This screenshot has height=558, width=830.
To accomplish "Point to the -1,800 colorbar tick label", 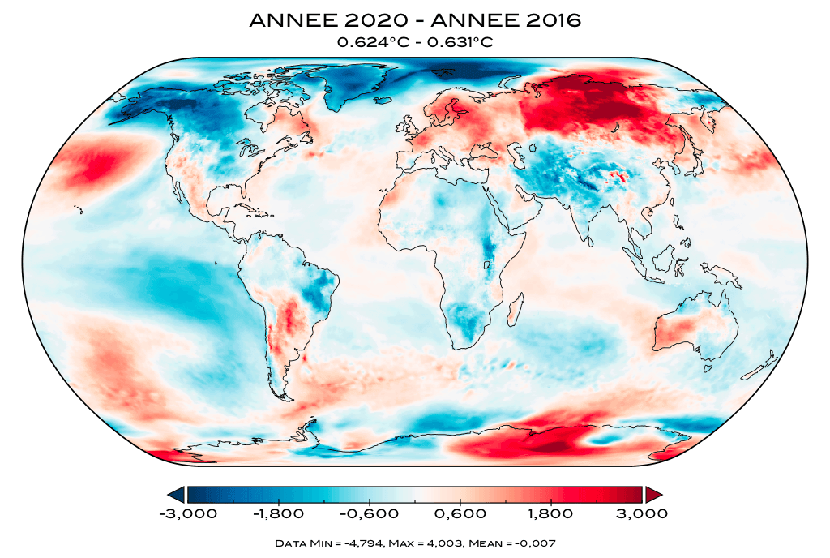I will point(278,513).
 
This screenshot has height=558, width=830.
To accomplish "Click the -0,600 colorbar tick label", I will point(370,513).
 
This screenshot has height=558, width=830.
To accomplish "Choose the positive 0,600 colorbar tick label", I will point(460,513).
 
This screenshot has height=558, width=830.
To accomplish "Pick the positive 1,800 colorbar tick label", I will point(551,513).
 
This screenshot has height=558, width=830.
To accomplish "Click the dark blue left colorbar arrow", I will point(175,494).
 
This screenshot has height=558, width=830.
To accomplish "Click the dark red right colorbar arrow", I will point(654,494).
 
